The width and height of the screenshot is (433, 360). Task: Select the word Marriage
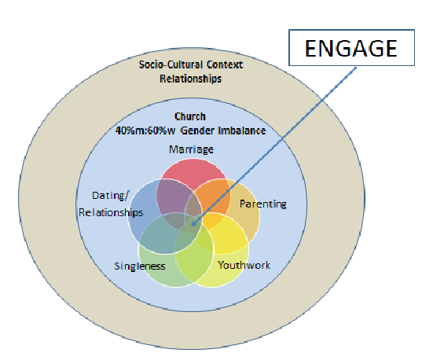pos(191,149)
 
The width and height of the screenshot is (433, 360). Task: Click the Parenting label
pos(262,204)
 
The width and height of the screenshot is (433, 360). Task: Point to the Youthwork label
pos(244,265)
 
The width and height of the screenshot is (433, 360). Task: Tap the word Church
pos(191,118)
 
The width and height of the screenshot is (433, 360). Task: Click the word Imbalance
pos(240,130)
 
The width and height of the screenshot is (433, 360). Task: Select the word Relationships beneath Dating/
pos(112,212)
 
